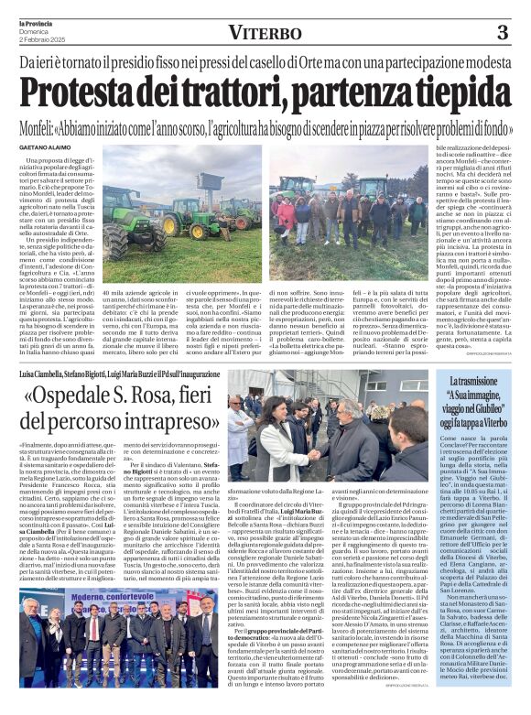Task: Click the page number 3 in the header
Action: (x=502, y=32)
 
